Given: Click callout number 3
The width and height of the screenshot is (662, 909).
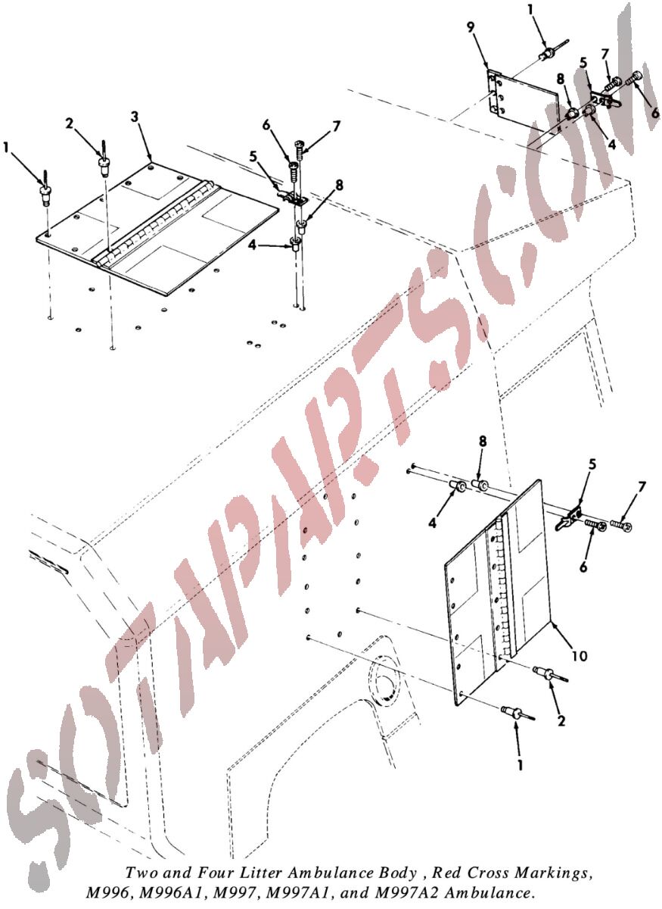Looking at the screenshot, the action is [x=135, y=117].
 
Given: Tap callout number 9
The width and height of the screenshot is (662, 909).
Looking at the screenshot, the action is [x=471, y=27].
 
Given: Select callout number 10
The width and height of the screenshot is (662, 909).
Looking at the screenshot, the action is [x=580, y=655].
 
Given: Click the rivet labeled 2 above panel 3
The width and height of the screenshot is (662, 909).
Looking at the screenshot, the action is [x=104, y=164].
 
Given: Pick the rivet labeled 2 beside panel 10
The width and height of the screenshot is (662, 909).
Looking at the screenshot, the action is [x=551, y=674].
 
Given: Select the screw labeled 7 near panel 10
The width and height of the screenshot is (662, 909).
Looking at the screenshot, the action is [x=620, y=526].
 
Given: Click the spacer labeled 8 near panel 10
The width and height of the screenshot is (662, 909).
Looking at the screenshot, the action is [x=481, y=485].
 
